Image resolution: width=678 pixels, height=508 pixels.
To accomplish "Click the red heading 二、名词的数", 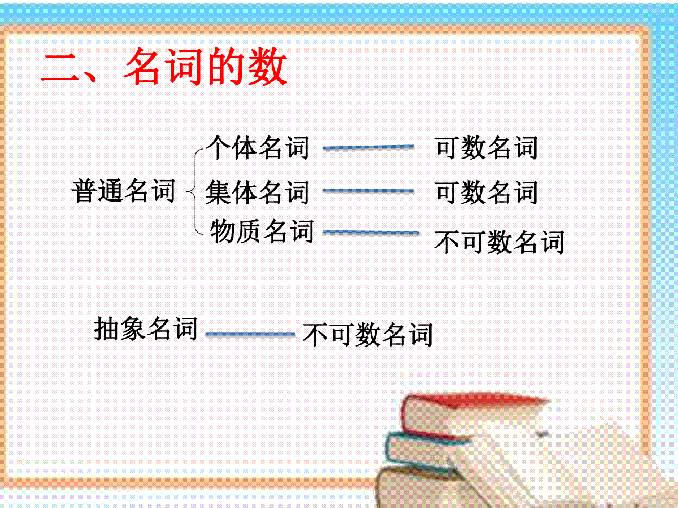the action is [x=164, y=67].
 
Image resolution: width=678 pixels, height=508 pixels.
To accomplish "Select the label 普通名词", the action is [x=124, y=191].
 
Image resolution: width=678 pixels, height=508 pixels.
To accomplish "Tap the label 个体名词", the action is [x=257, y=147].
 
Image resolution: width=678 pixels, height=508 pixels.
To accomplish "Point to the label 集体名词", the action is [x=257, y=192].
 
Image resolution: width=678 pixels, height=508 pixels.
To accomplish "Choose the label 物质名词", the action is [x=262, y=231].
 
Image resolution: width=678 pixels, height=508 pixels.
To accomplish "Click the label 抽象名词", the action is [x=146, y=329].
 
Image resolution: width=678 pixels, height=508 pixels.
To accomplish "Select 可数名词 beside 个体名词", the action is [x=487, y=147].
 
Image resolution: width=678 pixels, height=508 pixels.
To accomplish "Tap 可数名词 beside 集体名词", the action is [x=487, y=192].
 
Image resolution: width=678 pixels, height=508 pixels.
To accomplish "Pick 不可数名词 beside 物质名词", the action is [x=499, y=242].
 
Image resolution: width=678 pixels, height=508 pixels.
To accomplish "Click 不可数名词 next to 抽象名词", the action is [x=368, y=335].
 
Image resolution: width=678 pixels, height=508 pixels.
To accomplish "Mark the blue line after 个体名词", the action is [x=368, y=147].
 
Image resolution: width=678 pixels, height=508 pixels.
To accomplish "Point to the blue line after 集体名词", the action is [x=368, y=191].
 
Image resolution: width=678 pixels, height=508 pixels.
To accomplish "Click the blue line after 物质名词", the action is [x=371, y=232].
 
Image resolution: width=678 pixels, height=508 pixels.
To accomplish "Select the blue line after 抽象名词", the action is [x=250, y=334].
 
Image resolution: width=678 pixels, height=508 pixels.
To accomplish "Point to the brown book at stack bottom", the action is [x=414, y=487].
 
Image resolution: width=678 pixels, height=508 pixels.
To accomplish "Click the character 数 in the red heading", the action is [x=268, y=67].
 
